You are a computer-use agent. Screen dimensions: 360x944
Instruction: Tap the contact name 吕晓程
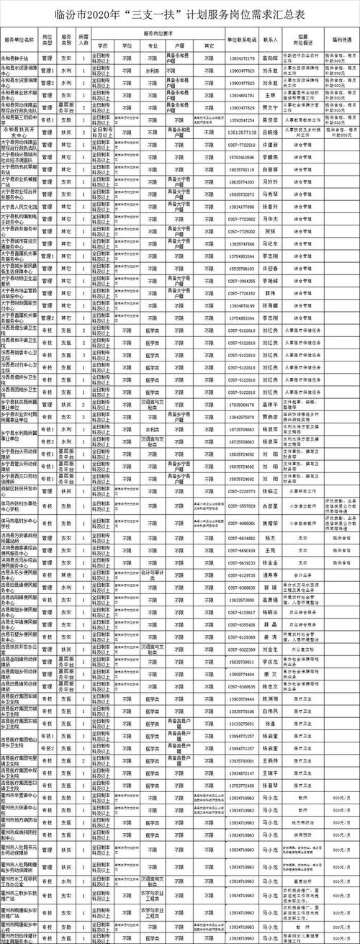point(270,132)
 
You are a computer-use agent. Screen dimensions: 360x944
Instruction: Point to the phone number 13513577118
point(241,132)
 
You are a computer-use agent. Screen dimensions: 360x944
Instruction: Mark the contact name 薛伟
point(270,293)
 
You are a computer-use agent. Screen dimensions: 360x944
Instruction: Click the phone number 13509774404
point(241,674)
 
